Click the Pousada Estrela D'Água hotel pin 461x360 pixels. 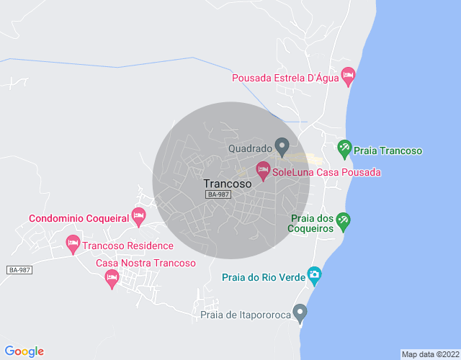coord(348,75)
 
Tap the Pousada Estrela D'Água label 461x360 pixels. coord(285,78)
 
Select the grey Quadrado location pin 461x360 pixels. coord(282,148)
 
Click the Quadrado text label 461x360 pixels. coord(250,149)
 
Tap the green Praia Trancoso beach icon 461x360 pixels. coord(344,149)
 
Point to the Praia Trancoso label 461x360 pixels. coord(389,151)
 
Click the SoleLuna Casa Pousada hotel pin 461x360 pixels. coord(263,171)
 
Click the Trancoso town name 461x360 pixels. coord(228,184)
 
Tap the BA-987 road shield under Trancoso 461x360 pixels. coord(218,195)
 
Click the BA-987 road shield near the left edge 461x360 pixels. coord(20,270)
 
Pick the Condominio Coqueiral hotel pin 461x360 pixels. coord(138,215)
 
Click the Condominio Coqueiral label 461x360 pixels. coord(79,218)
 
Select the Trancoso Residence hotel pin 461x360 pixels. coord(73,244)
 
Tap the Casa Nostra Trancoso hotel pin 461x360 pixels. coord(111,279)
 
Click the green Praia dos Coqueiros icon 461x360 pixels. coord(344,222)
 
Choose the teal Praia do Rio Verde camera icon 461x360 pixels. coord(314,275)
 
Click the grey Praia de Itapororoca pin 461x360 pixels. coord(300,312)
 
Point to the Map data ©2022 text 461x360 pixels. coord(429,354)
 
